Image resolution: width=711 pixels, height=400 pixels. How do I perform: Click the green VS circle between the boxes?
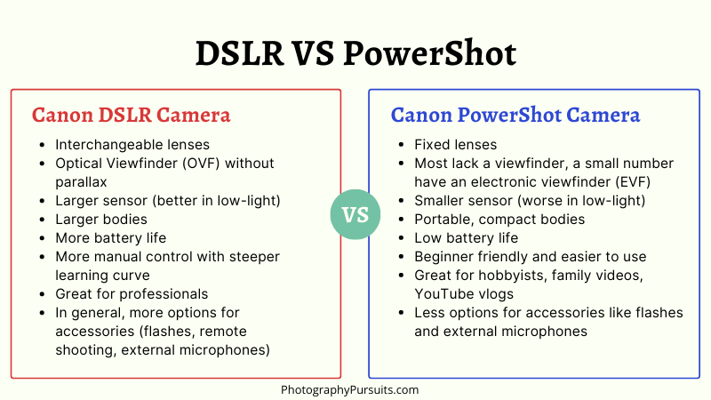[355, 214]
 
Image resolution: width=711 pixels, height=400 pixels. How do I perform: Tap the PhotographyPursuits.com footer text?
[349, 389]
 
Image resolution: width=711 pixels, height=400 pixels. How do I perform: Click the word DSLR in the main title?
[239, 53]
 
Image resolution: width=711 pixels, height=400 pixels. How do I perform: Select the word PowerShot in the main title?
[429, 53]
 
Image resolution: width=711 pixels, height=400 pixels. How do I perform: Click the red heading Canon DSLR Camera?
[131, 115]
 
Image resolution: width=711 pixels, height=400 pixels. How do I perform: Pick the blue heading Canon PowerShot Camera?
[515, 115]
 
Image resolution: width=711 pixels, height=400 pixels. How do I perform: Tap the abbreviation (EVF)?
[633, 182]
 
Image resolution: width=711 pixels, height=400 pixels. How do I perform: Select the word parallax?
[81, 182]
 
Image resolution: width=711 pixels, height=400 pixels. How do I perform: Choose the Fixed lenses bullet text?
[455, 145]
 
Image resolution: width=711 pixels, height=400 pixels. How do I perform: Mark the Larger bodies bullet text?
[101, 220]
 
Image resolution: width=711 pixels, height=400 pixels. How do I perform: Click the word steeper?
[254, 257]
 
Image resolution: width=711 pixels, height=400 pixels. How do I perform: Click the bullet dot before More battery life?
[42, 238]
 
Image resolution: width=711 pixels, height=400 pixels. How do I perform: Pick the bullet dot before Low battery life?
[401, 238]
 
